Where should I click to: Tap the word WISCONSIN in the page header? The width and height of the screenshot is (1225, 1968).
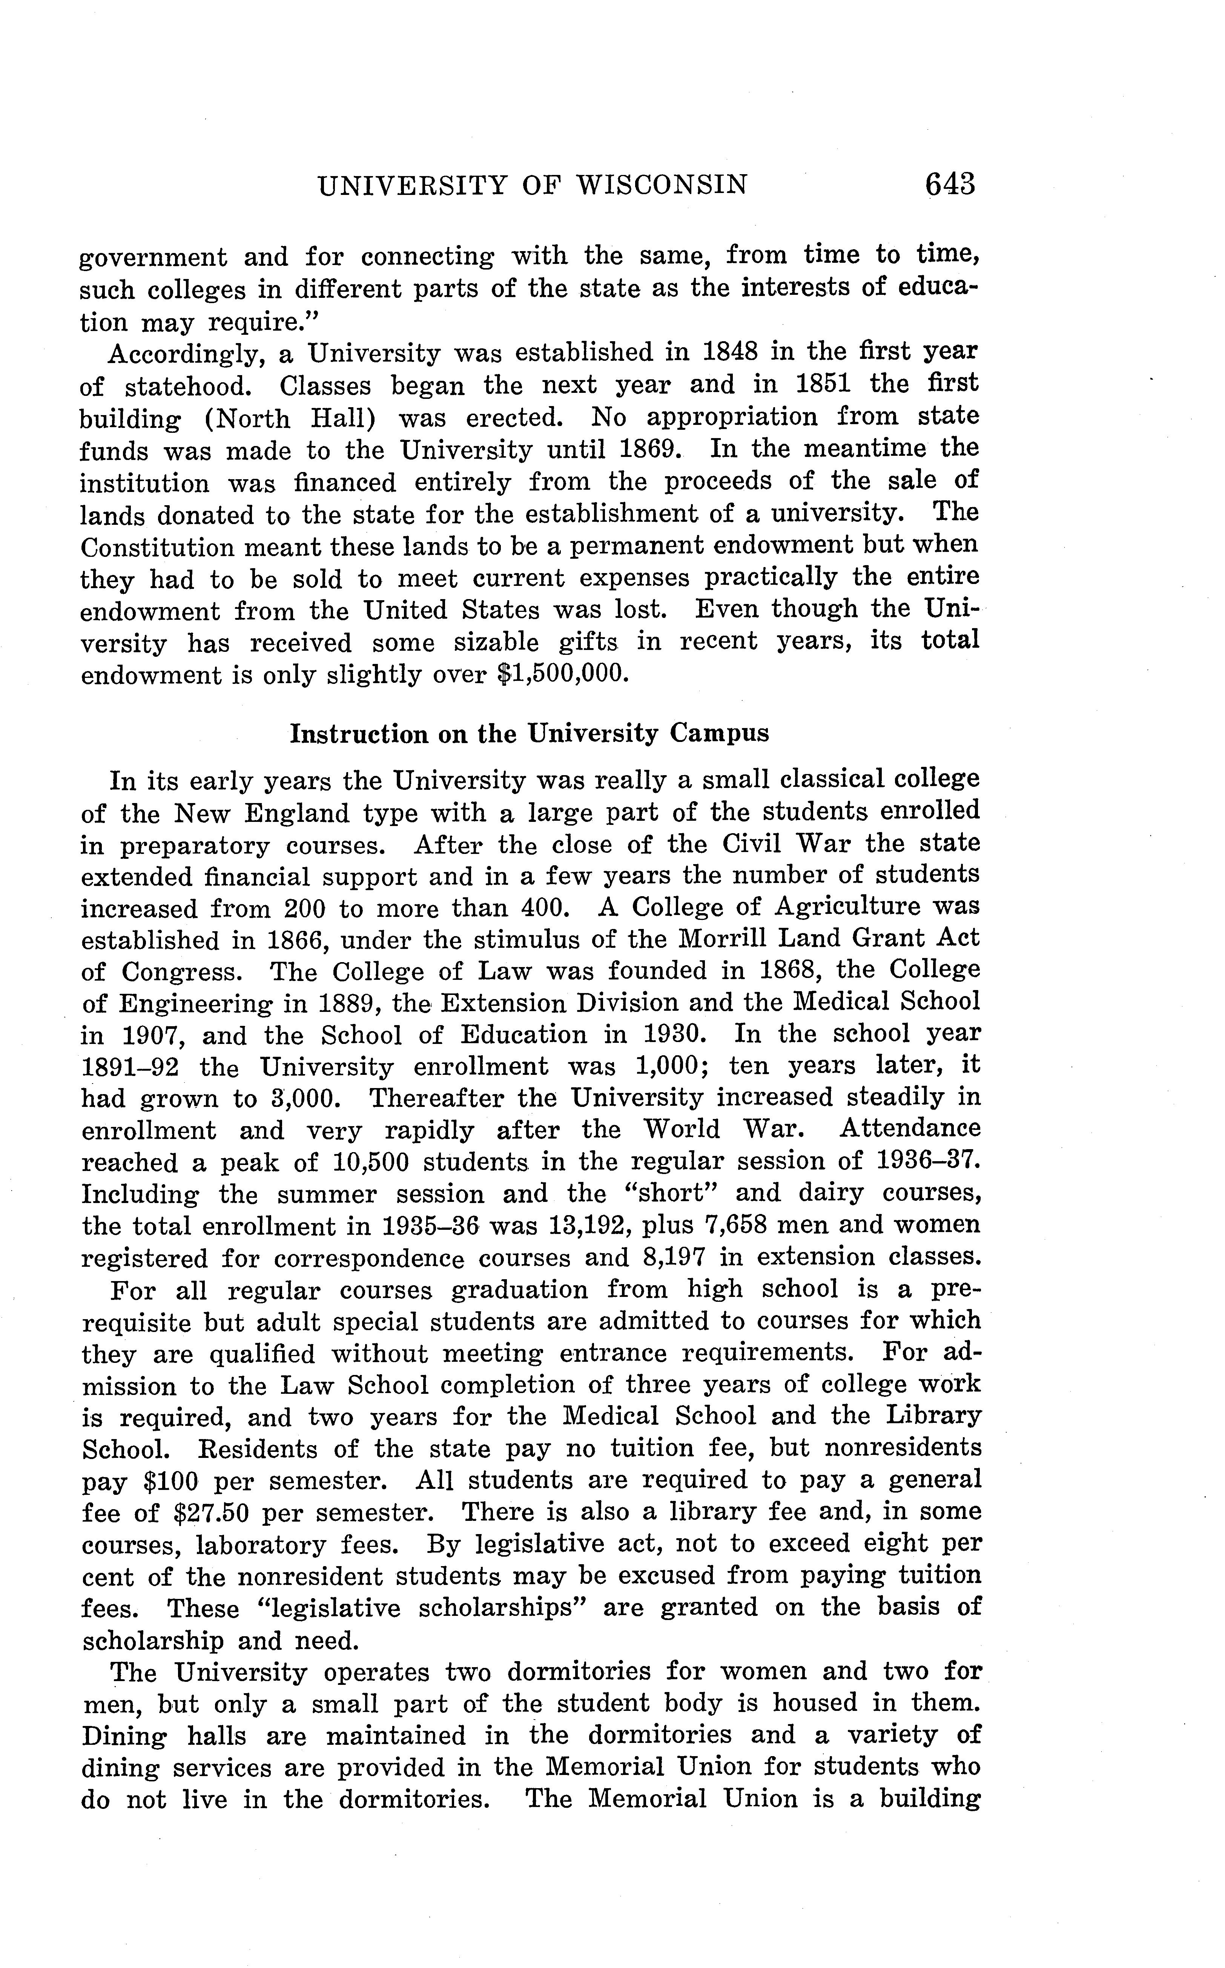click(662, 185)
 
